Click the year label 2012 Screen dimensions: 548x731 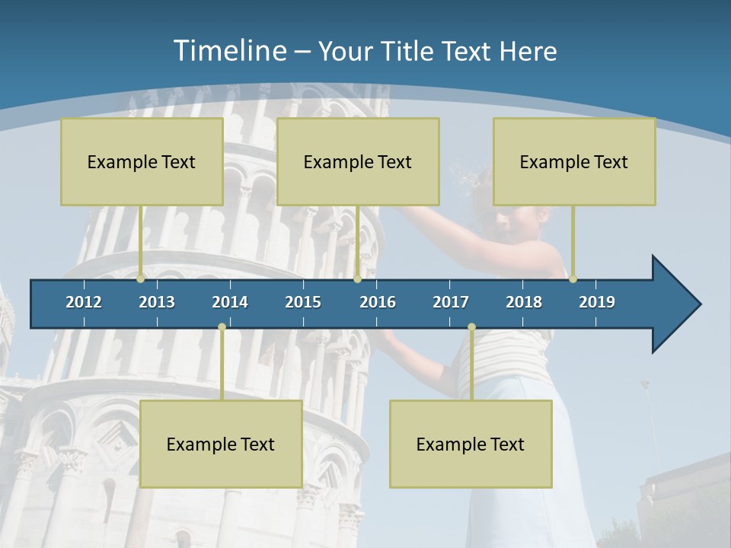click(84, 302)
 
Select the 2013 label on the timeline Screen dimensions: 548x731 click(157, 302)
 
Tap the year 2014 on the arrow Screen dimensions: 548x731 click(230, 302)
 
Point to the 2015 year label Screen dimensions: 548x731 click(303, 302)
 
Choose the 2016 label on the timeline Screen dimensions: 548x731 click(378, 302)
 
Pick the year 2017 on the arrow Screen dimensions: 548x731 click(451, 302)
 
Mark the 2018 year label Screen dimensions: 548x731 click(524, 302)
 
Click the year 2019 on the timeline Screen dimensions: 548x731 click(597, 302)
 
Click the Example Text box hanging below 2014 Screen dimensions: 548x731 click(221, 444)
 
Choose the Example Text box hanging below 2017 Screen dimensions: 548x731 click(471, 444)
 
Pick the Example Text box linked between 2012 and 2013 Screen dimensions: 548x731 click(142, 161)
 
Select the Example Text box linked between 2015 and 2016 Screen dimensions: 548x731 click(358, 161)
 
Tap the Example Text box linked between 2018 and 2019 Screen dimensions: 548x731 click(574, 161)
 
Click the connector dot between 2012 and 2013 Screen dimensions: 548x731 click(141, 279)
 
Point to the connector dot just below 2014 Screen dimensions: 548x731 click(222, 327)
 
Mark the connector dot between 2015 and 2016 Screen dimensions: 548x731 click(357, 279)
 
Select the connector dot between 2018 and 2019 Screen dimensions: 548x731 click(573, 279)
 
